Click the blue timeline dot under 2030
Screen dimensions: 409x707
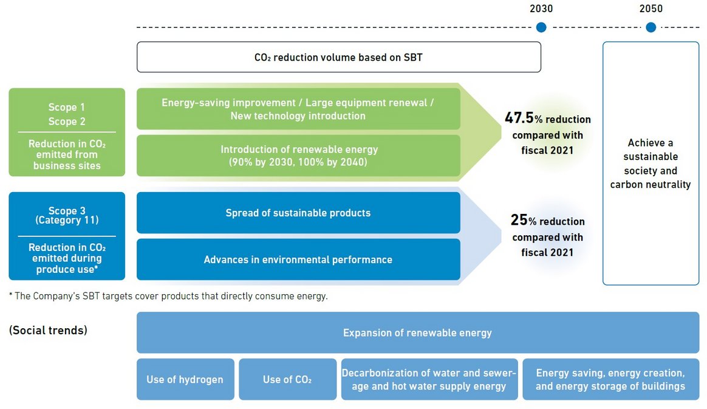click(x=541, y=27)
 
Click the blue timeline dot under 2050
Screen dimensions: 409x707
click(x=651, y=27)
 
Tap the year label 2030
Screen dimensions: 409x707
click(x=541, y=9)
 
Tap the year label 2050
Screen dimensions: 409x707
click(x=651, y=9)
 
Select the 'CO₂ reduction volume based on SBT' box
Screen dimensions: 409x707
click(x=338, y=57)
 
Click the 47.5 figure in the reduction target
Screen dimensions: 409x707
click(x=519, y=118)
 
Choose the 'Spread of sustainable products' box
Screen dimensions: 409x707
click(x=298, y=213)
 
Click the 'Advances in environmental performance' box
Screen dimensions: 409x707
click(x=298, y=259)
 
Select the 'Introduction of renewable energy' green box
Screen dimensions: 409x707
click(x=298, y=156)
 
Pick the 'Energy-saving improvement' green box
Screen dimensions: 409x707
click(x=298, y=109)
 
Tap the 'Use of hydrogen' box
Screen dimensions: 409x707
click(x=185, y=379)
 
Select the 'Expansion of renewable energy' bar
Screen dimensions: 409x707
click(x=417, y=332)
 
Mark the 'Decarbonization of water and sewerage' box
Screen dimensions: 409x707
click(x=429, y=379)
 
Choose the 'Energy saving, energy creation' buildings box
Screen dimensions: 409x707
click(x=610, y=379)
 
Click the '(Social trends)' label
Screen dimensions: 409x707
click(x=48, y=331)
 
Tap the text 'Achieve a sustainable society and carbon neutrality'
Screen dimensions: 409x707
click(x=651, y=163)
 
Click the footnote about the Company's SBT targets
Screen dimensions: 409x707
click(x=168, y=297)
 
